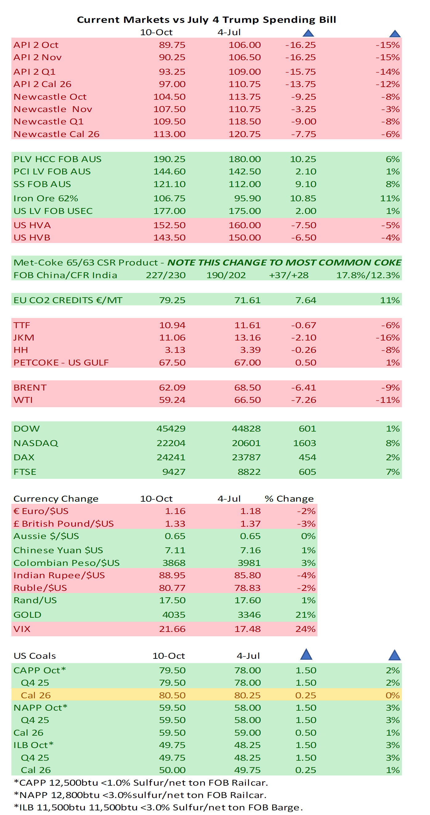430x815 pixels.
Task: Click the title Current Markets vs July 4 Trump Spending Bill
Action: (x=206, y=20)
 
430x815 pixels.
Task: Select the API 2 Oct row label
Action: (x=36, y=45)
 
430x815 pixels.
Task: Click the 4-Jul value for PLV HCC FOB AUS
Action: (x=244, y=159)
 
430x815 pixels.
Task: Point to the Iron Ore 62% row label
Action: (x=46, y=199)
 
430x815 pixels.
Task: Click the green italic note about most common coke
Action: (x=284, y=263)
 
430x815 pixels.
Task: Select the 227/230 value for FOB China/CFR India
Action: (x=165, y=275)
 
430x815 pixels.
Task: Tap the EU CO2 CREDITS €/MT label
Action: (x=68, y=300)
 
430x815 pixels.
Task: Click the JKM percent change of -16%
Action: (x=387, y=338)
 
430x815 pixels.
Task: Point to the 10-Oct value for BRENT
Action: (x=172, y=387)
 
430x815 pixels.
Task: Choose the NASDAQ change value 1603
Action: (x=304, y=443)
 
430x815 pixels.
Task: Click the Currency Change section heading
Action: (x=56, y=499)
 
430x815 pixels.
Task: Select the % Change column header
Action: (x=289, y=499)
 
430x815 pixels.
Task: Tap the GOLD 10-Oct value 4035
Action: (x=174, y=615)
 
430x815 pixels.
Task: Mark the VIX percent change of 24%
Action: (x=305, y=629)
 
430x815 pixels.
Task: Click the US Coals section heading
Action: (x=35, y=656)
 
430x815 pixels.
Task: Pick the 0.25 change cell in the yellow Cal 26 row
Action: (x=305, y=695)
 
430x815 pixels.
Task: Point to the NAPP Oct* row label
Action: (x=40, y=708)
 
